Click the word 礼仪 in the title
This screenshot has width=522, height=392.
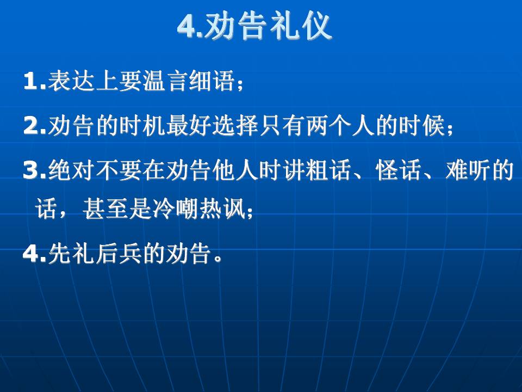[x=301, y=26]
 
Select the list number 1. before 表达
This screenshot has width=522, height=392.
[x=35, y=81]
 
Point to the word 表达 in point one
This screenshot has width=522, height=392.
[x=71, y=81]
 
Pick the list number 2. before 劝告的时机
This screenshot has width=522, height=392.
[x=35, y=126]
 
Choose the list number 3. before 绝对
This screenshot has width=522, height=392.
[x=35, y=170]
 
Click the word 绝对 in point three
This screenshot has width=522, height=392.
[x=71, y=170]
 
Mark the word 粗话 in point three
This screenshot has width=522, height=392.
[x=328, y=170]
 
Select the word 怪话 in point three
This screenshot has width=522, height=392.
[x=399, y=170]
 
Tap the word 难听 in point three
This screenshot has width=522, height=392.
[x=468, y=170]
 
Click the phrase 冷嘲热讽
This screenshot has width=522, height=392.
[x=199, y=209]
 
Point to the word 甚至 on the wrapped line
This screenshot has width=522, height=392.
[x=106, y=209]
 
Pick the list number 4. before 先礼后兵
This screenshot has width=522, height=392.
[x=35, y=254]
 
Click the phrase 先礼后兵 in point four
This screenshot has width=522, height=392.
[x=95, y=254]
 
